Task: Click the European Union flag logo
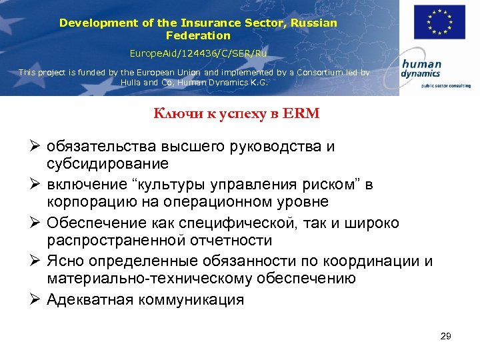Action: click(x=439, y=22)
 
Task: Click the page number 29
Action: click(x=446, y=336)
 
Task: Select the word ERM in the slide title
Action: click(x=304, y=114)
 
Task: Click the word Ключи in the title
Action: click(x=173, y=114)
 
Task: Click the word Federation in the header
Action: click(x=198, y=35)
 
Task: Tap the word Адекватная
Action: click(x=89, y=299)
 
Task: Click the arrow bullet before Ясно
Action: click(x=37, y=260)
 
